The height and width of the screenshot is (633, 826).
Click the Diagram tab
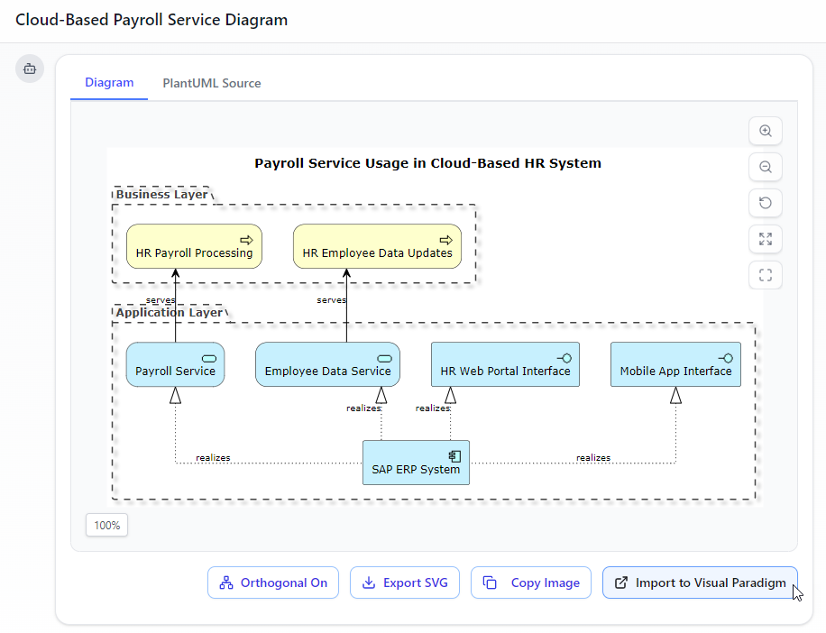109,83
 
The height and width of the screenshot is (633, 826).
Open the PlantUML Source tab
212,83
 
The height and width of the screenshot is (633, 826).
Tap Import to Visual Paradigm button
700,583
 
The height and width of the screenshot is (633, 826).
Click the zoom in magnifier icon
766,131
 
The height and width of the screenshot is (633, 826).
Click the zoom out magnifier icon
766,167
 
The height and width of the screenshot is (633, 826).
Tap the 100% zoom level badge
107,525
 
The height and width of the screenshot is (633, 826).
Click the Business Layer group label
161,194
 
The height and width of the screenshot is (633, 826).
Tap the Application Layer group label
169,312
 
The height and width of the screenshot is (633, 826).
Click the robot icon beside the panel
30,69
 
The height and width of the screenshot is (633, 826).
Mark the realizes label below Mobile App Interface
593,458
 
